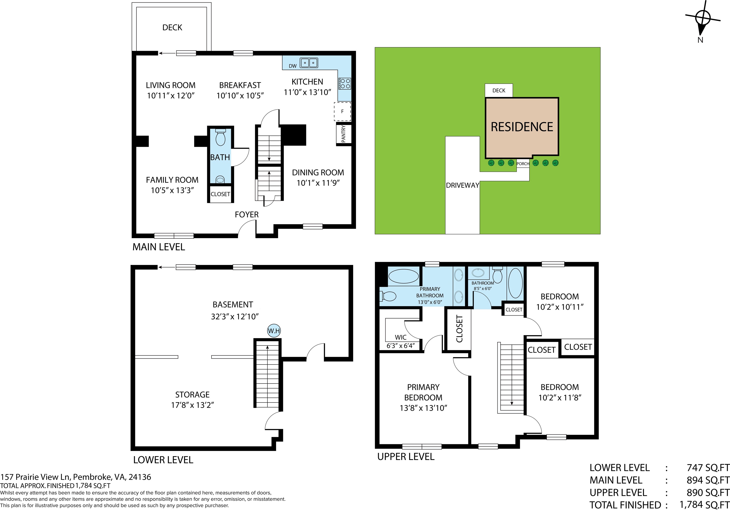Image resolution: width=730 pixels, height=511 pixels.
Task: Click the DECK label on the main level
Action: coord(172,28)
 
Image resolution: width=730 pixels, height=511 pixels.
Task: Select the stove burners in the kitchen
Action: coord(345,84)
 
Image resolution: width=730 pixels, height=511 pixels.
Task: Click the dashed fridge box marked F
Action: coord(342,112)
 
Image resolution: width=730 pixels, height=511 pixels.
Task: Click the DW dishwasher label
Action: coord(293,66)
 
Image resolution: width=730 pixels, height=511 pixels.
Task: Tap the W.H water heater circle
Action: coord(274,331)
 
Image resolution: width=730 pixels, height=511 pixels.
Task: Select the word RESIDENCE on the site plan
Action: coord(522,127)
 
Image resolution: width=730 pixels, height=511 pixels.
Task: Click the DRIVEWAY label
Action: coord(462,185)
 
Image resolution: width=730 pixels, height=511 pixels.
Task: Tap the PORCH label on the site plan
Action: coord(523,164)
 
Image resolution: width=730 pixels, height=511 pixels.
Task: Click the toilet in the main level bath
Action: coord(220,137)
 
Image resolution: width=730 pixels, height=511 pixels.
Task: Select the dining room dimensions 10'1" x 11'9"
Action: coord(318,183)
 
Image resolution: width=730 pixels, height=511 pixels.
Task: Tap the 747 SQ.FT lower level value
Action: coord(708,468)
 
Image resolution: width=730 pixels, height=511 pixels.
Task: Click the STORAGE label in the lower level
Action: coord(192,395)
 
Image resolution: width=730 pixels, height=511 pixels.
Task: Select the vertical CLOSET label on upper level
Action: coord(459,329)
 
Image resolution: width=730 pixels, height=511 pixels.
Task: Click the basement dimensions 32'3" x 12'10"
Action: coord(235,317)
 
